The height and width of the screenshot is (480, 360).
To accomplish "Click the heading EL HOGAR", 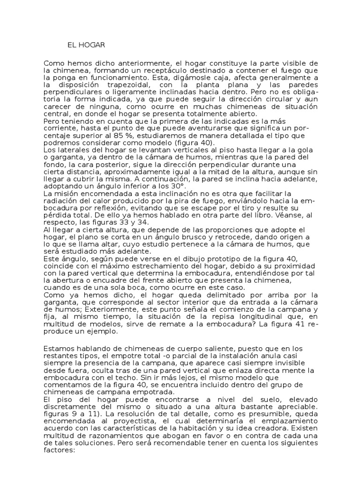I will coord(87,45).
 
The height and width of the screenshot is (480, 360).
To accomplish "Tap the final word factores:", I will coord(60,450).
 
